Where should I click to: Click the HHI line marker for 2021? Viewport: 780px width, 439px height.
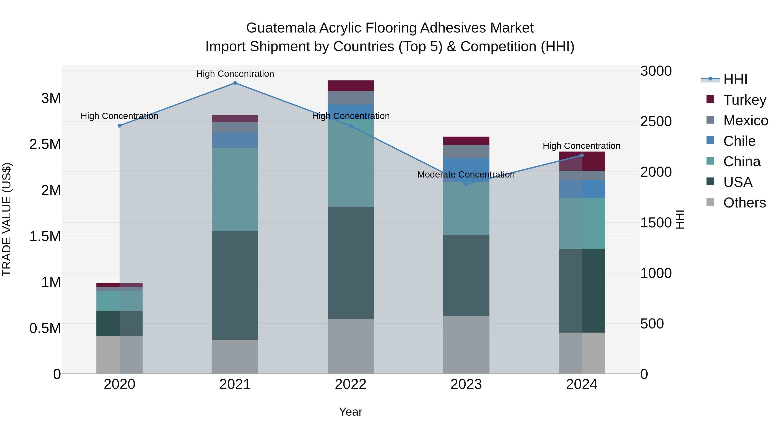235,83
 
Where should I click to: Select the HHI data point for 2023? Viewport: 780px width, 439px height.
466,184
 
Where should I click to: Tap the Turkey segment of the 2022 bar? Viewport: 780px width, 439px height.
351,86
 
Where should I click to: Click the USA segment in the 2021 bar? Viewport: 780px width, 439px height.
235,285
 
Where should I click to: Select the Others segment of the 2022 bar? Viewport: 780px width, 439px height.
351,346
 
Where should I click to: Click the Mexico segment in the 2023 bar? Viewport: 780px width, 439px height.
466,152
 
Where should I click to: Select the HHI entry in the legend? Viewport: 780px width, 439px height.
735,79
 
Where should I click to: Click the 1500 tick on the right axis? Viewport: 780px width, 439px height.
656,223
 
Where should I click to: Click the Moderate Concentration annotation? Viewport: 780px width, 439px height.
466,175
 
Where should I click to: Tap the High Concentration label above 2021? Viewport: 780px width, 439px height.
235,74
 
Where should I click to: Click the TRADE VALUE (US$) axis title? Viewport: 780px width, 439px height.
7,219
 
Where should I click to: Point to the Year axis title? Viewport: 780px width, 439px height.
350,412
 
